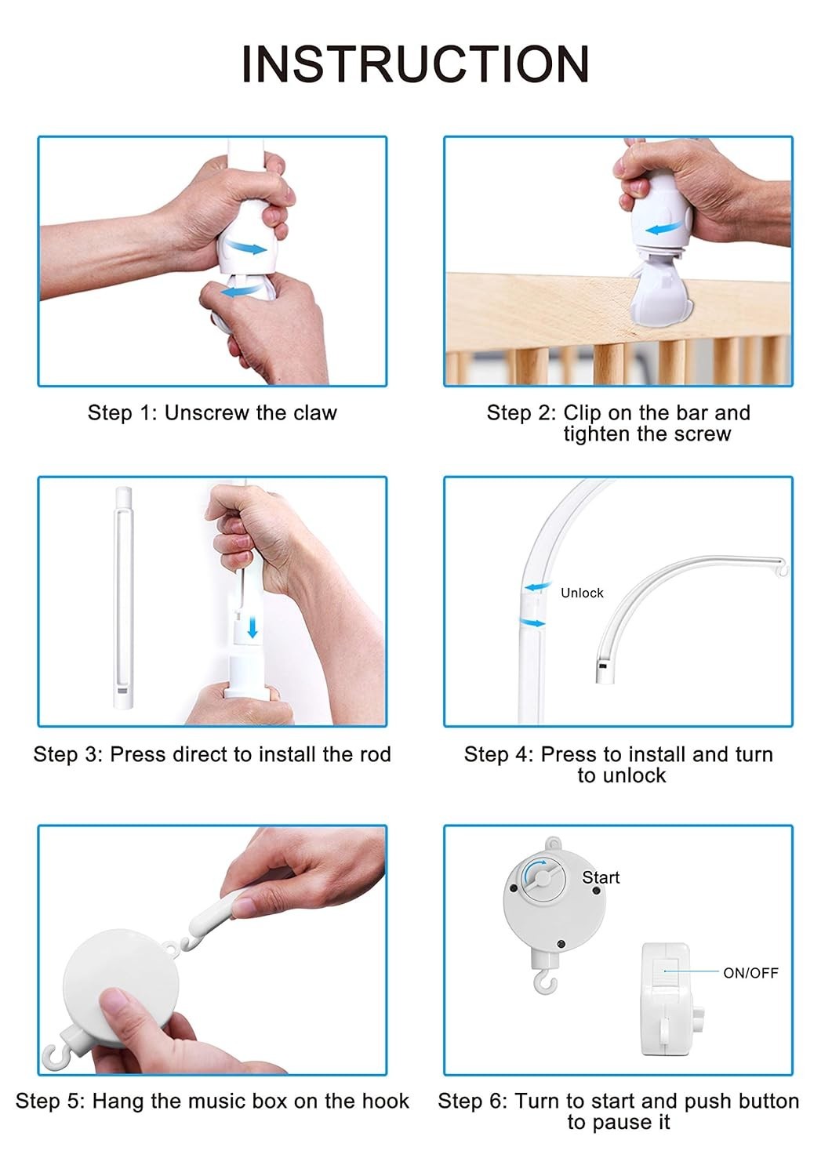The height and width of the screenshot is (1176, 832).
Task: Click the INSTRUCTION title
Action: tap(416, 64)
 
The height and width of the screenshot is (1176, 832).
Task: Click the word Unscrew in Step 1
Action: tap(207, 412)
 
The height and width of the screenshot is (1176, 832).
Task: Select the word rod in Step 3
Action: tap(375, 754)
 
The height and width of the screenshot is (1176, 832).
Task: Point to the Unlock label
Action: tap(582, 593)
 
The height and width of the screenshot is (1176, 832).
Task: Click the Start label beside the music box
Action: tap(601, 877)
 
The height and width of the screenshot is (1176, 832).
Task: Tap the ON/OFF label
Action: tap(750, 973)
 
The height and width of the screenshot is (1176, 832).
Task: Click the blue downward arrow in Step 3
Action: tap(253, 627)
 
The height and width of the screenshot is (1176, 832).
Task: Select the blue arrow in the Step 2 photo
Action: tap(663, 228)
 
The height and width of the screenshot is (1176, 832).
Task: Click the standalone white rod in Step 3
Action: tap(123, 597)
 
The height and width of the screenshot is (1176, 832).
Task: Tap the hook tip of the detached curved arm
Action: tap(783, 568)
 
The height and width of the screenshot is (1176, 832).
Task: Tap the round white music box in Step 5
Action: tap(120, 989)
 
